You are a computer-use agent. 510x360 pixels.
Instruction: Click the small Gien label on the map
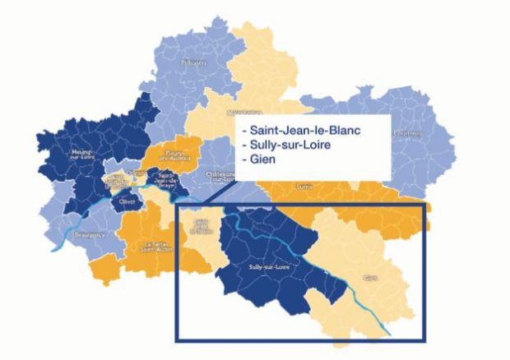click(369, 278)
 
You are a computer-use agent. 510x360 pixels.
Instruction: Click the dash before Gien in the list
click(239, 159)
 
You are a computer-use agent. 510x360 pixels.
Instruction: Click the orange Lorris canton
click(345, 197)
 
